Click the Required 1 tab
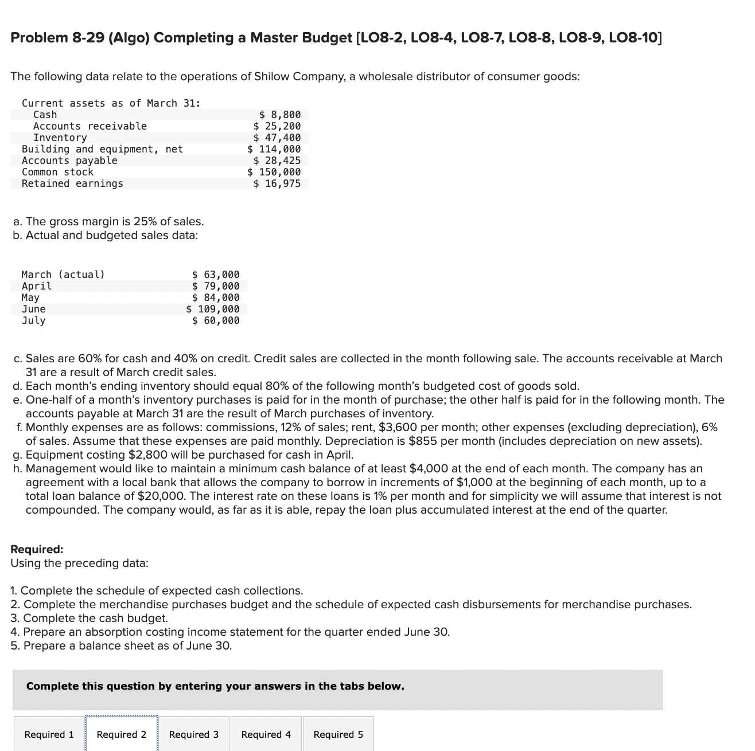(x=49, y=734)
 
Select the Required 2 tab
(x=122, y=734)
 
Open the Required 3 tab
(x=194, y=734)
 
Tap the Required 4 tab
(x=266, y=734)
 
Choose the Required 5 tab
(x=338, y=734)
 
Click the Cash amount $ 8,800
(x=280, y=115)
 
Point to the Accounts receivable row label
(x=90, y=126)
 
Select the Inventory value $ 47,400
(x=277, y=138)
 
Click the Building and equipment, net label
(x=102, y=149)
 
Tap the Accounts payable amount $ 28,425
(x=277, y=161)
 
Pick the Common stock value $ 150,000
(x=274, y=172)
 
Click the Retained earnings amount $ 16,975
(x=277, y=183)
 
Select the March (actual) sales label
(x=63, y=275)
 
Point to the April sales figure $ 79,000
(x=216, y=286)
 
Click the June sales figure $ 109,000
(x=213, y=309)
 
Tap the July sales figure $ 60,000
(x=216, y=320)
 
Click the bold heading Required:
(x=37, y=549)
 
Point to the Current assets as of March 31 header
(x=111, y=103)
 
